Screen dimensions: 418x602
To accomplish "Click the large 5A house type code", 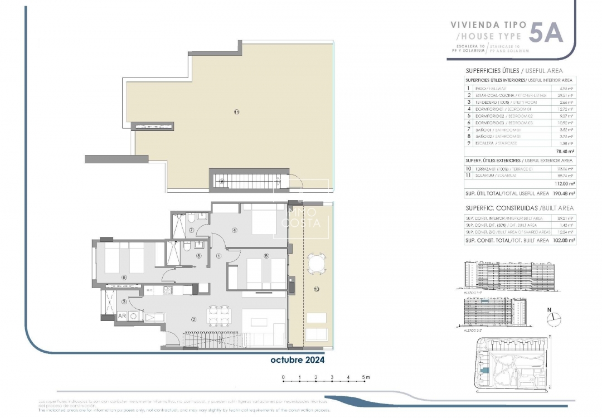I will point(546,33).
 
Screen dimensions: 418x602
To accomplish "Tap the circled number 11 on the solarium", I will point(236,112).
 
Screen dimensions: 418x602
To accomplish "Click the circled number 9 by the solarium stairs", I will point(221,181).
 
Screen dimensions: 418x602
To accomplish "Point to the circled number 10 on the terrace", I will point(317,289).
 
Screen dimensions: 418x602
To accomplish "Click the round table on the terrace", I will point(317,263).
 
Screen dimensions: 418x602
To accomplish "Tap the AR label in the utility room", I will point(122,316).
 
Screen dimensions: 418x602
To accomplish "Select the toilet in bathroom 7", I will point(191,217).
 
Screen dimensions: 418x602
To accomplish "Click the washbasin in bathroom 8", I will point(199,246).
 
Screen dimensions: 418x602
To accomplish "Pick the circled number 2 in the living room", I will point(193,319).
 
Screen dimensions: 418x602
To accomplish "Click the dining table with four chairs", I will point(219,316).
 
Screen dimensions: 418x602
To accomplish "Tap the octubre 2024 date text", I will point(297,360).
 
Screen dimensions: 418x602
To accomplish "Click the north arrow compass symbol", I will point(553,318).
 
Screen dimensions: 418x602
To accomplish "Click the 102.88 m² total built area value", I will point(564,240).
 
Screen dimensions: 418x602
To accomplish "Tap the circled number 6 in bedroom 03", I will point(123,277).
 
